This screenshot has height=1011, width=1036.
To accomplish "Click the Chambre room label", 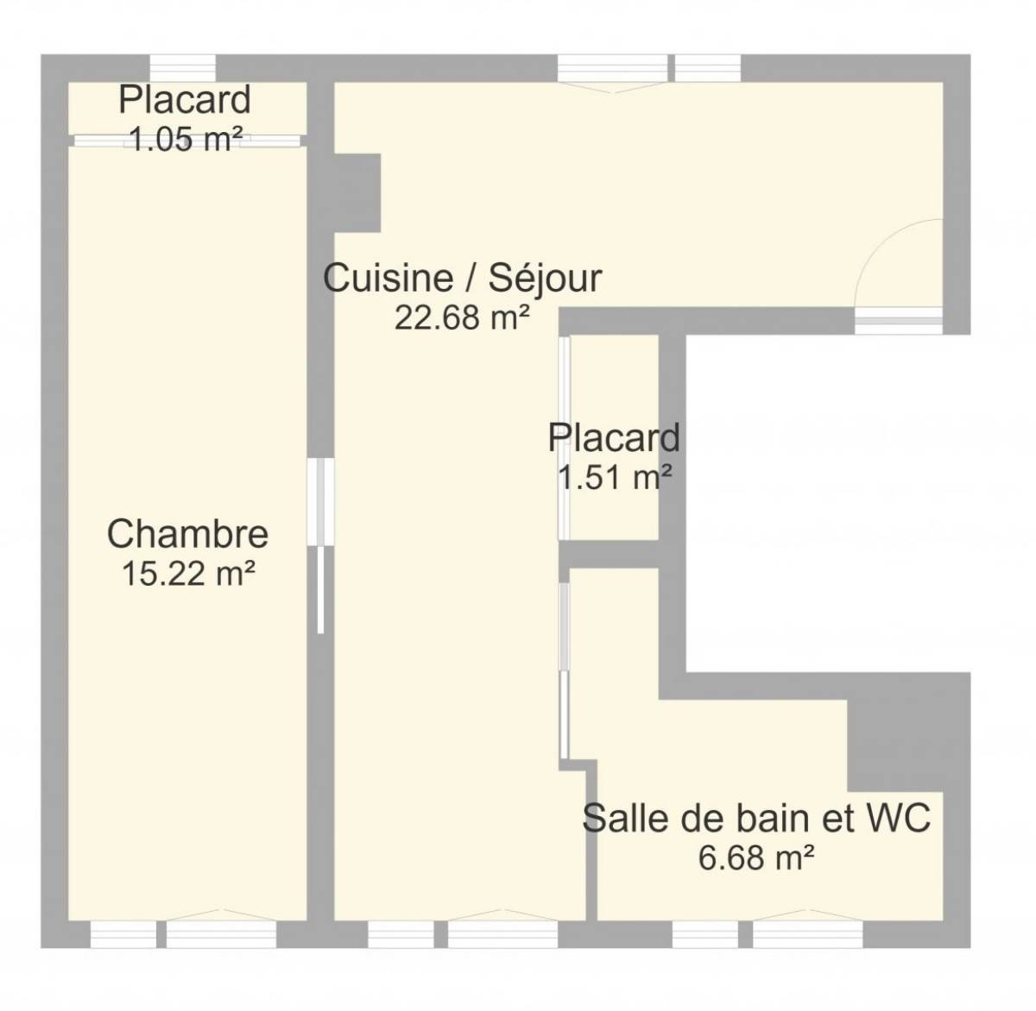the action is [187, 534].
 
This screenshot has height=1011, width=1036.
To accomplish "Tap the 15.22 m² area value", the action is [188, 574].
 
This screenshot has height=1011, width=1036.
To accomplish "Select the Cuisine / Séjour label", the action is [462, 279].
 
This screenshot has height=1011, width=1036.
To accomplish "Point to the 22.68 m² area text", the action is [462, 317].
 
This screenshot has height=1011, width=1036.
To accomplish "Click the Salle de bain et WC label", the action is [756, 818].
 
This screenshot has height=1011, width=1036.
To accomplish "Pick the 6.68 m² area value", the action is [756, 857].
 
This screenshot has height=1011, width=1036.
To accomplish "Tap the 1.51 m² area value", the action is [615, 476].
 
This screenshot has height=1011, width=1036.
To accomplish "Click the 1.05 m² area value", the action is [186, 140].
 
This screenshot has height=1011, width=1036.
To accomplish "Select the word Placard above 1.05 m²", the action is [184, 99].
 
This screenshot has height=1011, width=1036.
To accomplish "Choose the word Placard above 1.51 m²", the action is [614, 437].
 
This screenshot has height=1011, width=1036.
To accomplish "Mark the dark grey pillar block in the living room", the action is [357, 192].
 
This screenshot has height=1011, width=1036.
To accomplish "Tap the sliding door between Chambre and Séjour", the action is [320, 545].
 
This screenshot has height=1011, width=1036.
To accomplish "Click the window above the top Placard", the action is [183, 68].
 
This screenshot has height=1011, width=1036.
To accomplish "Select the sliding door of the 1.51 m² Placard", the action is [564, 439].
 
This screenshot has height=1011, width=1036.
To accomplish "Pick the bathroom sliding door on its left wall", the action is [564, 671].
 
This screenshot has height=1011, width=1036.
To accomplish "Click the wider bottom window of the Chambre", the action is [221, 934].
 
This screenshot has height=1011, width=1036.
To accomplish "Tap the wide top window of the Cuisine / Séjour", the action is [612, 68].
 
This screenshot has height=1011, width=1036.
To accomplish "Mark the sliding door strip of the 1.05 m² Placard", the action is [186, 141].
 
